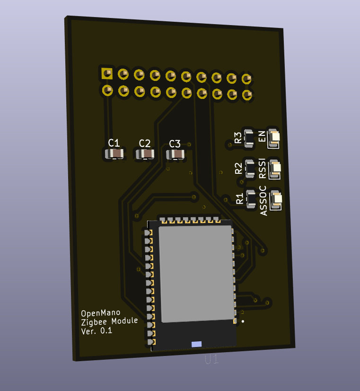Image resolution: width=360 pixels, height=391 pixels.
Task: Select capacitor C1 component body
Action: click(114, 154)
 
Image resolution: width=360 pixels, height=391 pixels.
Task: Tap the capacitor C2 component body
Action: click(145, 154)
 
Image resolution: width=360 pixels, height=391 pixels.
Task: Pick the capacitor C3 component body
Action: click(176, 154)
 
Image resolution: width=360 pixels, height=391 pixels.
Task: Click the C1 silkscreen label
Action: click(114, 142)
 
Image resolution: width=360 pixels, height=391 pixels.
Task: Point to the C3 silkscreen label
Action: click(175, 143)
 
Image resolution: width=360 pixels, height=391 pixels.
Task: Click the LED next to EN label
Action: click(274, 137)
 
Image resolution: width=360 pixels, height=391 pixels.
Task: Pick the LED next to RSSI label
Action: click(275, 168)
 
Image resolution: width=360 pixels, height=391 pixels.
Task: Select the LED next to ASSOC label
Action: click(277, 199)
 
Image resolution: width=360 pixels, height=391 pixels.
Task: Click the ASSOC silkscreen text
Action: click(263, 201)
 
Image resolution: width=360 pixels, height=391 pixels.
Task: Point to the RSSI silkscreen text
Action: click(263, 168)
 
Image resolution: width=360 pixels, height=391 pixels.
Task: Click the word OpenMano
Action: click(100, 313)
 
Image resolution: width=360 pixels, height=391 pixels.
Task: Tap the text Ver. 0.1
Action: click(97, 331)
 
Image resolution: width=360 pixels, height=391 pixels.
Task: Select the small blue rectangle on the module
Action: click(196, 344)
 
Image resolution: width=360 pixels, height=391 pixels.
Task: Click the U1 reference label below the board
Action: click(211, 360)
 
